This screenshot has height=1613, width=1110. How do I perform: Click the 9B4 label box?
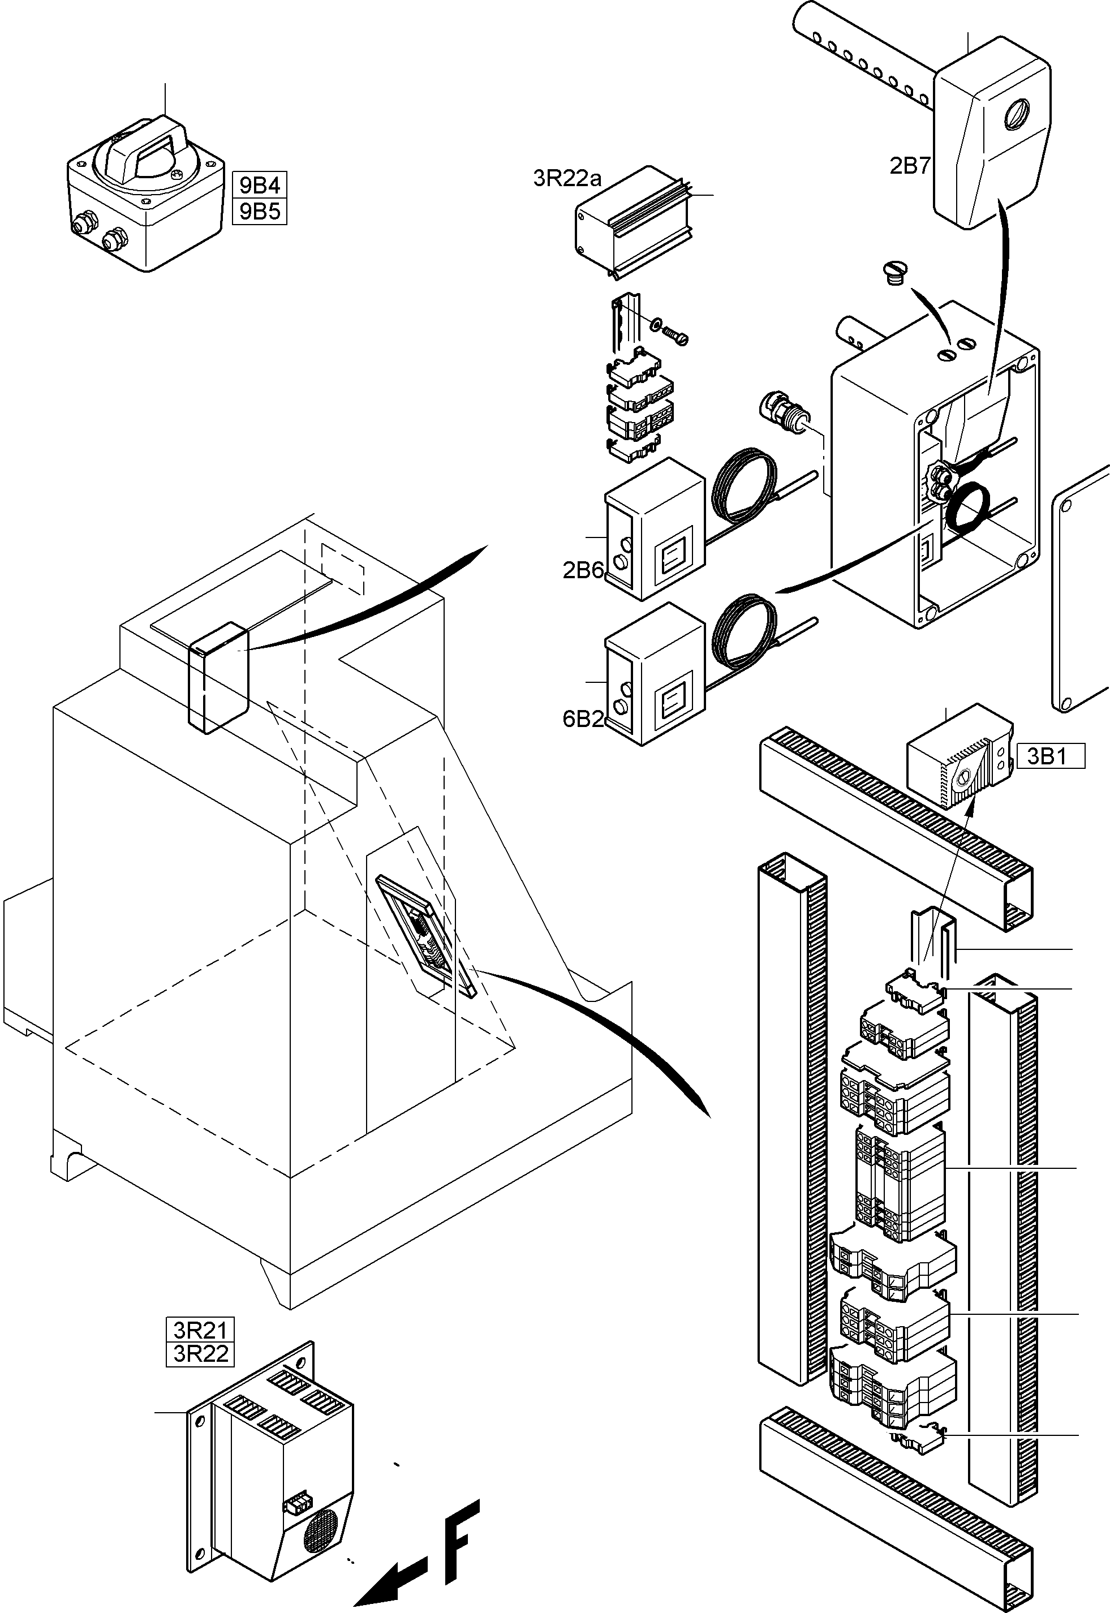click(260, 185)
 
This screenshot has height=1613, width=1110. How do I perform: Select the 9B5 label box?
click(260, 212)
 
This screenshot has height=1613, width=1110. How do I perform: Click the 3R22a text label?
click(567, 179)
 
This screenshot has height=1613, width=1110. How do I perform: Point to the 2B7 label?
click(910, 166)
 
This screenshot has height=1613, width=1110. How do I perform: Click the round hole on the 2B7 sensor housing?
click(1017, 113)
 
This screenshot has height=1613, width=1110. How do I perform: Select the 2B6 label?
click(583, 570)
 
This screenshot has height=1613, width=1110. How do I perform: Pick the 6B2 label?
click(583, 719)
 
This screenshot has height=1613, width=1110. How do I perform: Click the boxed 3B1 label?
click(1050, 756)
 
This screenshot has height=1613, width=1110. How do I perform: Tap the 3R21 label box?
click(200, 1330)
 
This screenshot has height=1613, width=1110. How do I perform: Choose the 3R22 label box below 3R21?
click(200, 1353)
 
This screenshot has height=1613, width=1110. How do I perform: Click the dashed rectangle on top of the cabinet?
click(342, 568)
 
